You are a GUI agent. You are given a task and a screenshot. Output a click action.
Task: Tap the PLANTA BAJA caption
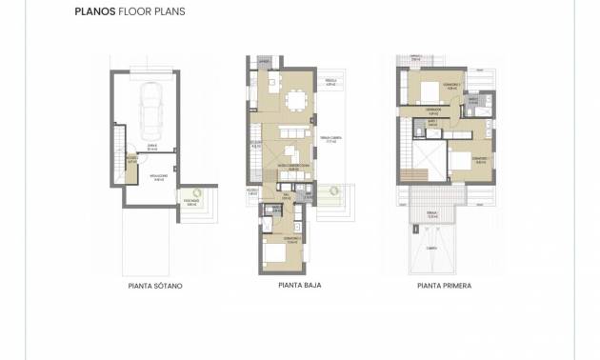click(x=298, y=285)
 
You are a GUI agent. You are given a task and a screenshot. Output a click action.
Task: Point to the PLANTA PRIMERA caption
click(x=444, y=285)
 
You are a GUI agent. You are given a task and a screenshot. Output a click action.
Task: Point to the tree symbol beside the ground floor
click(x=332, y=191)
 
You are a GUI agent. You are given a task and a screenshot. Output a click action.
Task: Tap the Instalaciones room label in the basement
click(x=160, y=176)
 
